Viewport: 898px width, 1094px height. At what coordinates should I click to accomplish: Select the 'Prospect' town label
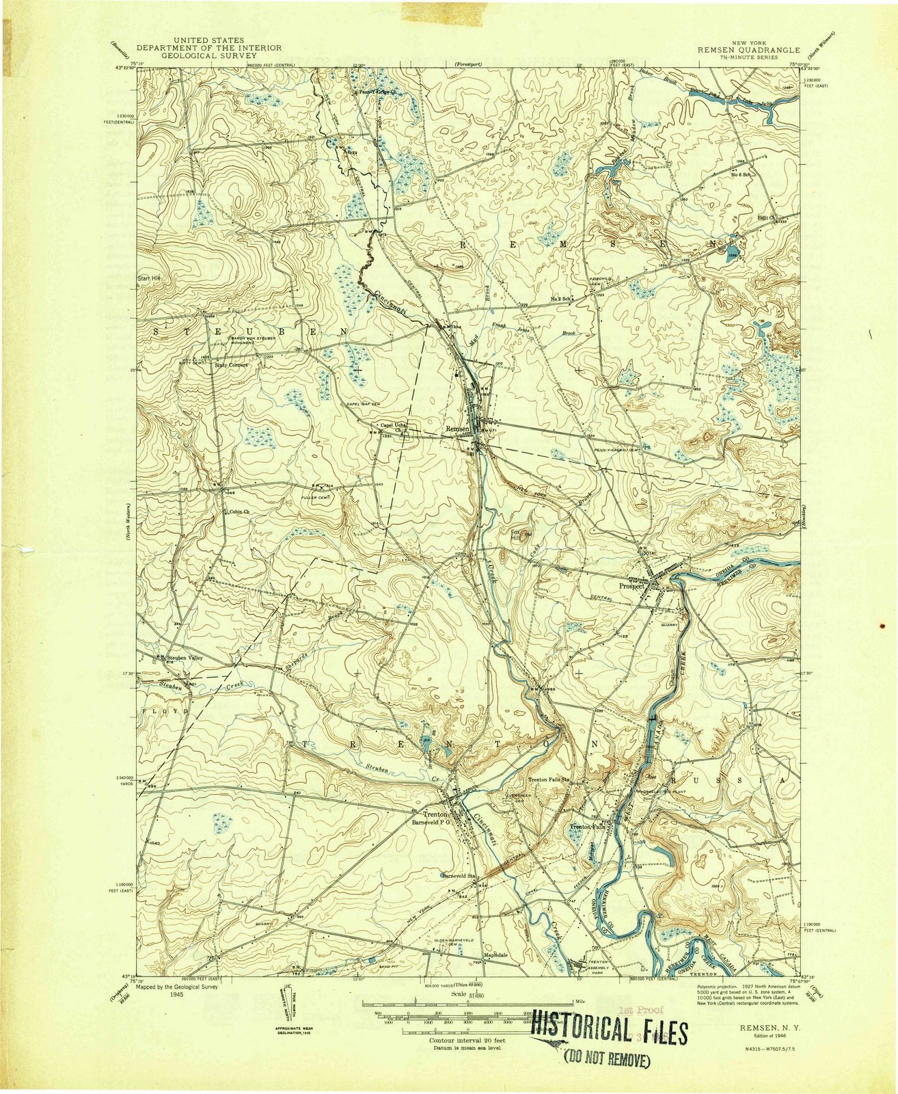click(631, 586)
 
